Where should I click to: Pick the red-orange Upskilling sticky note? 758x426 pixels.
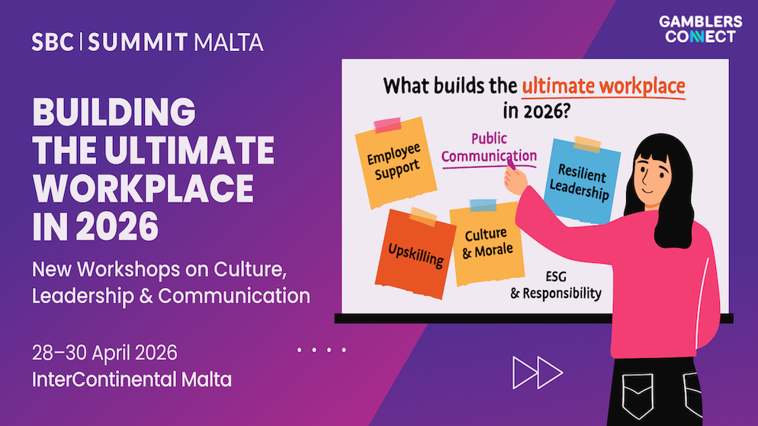pyautogui.click(x=416, y=251)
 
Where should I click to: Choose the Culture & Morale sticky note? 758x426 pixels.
pyautogui.click(x=487, y=242)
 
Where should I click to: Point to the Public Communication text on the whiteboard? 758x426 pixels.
pyautogui.click(x=489, y=148)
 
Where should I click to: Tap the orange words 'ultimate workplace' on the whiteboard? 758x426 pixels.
pyautogui.click(x=602, y=85)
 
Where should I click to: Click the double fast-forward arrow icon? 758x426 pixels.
pyautogui.click(x=537, y=372)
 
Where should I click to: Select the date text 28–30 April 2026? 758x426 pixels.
pyautogui.click(x=104, y=353)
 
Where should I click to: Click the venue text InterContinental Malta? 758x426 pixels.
pyautogui.click(x=131, y=378)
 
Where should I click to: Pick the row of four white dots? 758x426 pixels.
pyautogui.click(x=321, y=351)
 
